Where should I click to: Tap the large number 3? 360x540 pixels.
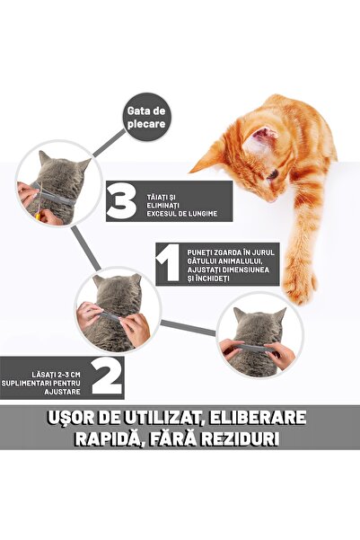click(121, 201)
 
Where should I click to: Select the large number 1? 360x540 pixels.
click(169, 263)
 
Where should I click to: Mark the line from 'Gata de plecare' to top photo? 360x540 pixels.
click(110, 144)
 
